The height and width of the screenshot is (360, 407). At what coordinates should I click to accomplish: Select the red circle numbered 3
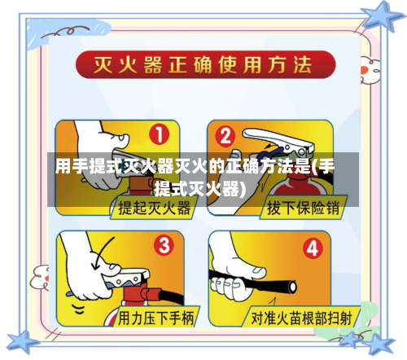164,244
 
